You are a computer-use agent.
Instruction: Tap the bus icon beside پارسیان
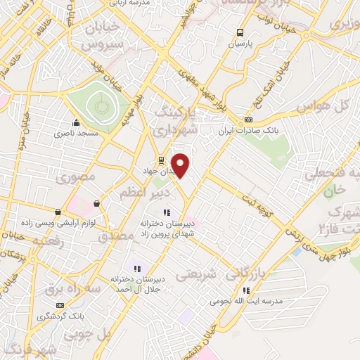pos(240,32)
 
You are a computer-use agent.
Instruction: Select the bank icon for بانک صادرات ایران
pos(247,120)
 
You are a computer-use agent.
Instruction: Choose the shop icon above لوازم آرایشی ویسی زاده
pos(96,204)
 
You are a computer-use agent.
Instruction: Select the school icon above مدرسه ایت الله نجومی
pos(245,290)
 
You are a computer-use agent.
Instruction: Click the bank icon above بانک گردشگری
pos(60,305)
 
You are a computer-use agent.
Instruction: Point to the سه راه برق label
pos(70,287)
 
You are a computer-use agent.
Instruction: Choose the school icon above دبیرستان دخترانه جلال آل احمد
pos(138,268)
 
